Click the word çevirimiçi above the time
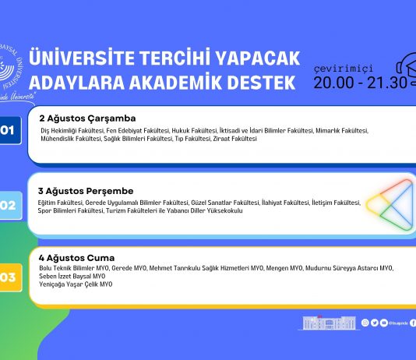(348, 66)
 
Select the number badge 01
(9, 129)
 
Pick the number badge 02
(9, 206)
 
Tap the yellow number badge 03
(9, 277)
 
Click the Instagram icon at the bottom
(365, 323)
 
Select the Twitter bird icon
(374, 323)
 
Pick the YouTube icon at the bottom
(383, 323)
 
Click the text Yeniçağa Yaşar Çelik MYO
(76, 284)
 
